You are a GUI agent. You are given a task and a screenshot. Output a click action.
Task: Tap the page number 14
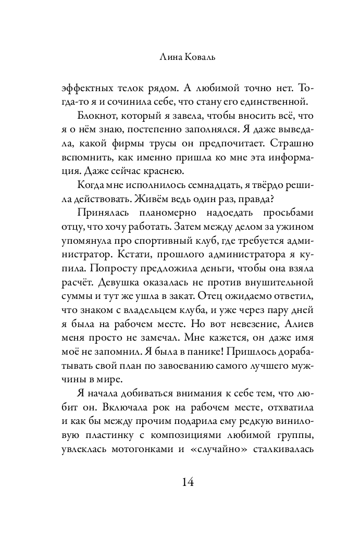tap(180, 482)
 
